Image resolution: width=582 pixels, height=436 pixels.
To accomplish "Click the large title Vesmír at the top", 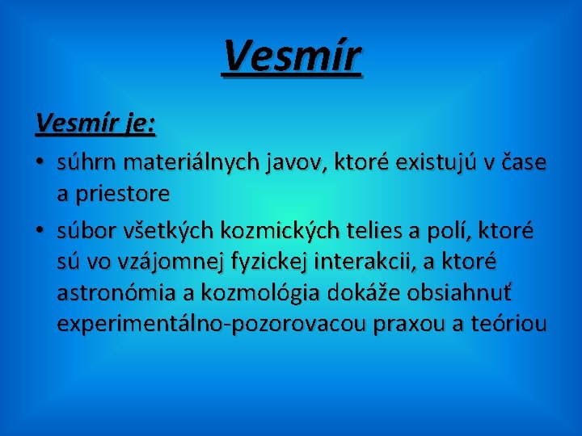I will [292, 56].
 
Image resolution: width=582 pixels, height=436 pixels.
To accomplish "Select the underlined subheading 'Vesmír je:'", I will [96, 123].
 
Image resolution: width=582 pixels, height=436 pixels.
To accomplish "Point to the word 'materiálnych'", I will [183, 163].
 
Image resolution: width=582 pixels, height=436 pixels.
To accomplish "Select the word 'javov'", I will [290, 163].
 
